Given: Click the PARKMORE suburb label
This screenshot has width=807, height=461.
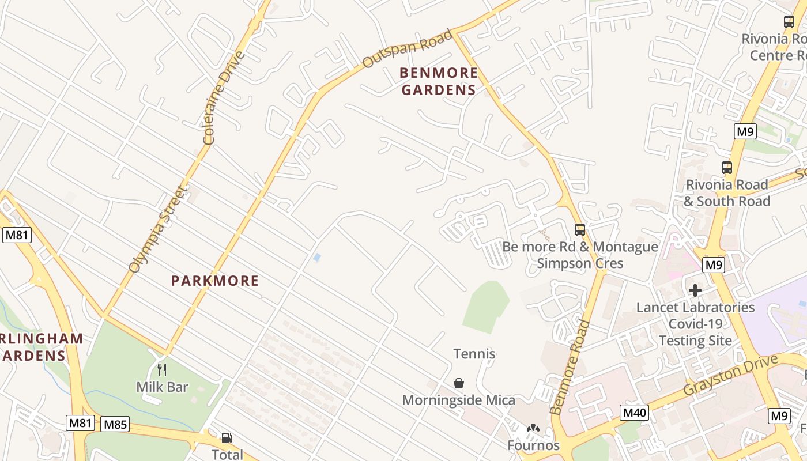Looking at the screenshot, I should (215, 281).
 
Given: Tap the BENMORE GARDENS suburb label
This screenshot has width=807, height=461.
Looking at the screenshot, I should (439, 81).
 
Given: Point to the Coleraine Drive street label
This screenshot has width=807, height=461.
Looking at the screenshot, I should (224, 98).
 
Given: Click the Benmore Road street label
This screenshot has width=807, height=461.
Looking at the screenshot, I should (570, 368).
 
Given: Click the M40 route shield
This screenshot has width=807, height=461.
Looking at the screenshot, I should (635, 413).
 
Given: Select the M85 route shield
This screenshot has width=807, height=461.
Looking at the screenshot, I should (115, 425).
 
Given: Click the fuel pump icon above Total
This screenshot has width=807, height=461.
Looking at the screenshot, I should (227, 438).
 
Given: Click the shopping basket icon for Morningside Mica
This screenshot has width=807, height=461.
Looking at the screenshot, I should (459, 383).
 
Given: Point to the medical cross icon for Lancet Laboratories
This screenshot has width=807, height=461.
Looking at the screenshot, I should (695, 290).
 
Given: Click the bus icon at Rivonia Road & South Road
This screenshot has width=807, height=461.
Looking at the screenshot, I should (727, 168).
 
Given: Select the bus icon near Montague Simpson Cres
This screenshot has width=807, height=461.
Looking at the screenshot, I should (580, 229).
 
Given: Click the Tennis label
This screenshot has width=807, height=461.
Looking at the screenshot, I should (474, 354).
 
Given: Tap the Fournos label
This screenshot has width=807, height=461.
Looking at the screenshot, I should (533, 445).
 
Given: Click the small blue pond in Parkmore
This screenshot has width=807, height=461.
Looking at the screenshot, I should (316, 258).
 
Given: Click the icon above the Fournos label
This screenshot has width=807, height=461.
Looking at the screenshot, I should (533, 429).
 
